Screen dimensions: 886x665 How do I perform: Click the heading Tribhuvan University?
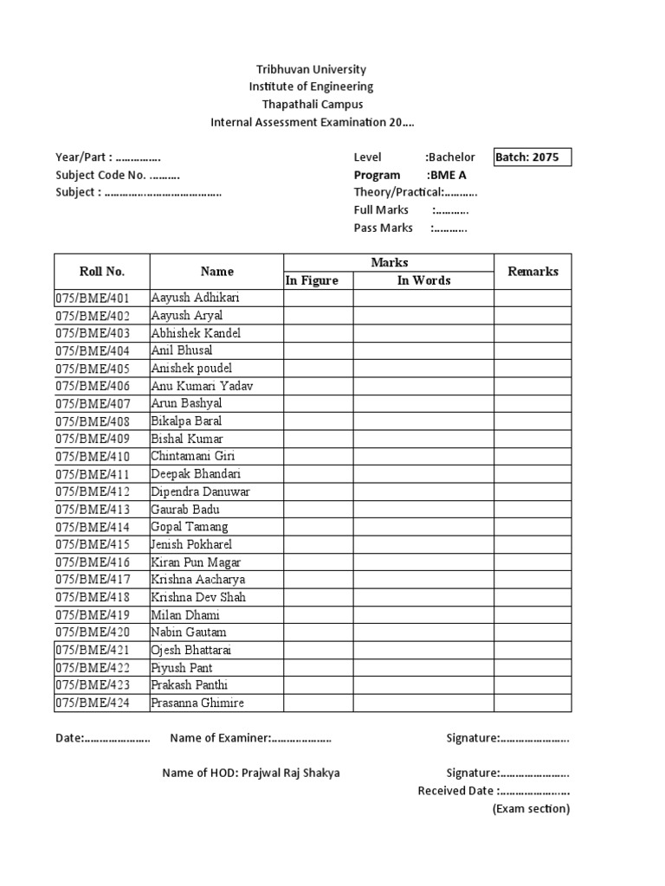[x=311, y=69]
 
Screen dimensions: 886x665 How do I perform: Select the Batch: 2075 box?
[x=532, y=157]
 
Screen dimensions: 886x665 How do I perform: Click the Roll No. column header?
[x=102, y=272]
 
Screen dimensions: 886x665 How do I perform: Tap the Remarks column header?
[x=533, y=272]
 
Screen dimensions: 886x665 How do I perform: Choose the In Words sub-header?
[x=423, y=280]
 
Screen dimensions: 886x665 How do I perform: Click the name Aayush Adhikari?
[x=195, y=298]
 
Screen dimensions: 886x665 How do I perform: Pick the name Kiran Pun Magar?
[x=196, y=562]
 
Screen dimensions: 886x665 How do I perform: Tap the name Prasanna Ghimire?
[x=197, y=703]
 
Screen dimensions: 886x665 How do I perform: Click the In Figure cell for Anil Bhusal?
[x=318, y=350]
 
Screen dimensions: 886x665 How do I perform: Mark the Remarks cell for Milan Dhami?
[x=533, y=615]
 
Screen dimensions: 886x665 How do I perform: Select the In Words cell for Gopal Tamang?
[x=423, y=527]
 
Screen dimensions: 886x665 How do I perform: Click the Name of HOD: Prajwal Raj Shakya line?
[x=251, y=773]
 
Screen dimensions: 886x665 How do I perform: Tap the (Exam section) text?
[x=531, y=809]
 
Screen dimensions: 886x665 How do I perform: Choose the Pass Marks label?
[x=383, y=228]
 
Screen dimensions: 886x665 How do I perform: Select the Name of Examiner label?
[x=221, y=738]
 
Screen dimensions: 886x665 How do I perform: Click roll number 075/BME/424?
[x=93, y=703]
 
